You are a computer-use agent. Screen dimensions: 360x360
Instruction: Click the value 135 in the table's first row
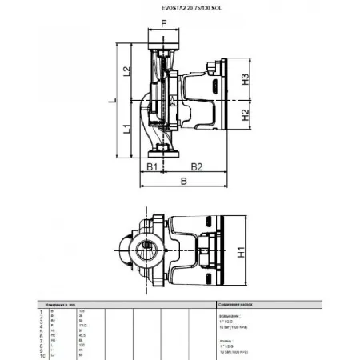coord(82,310)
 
